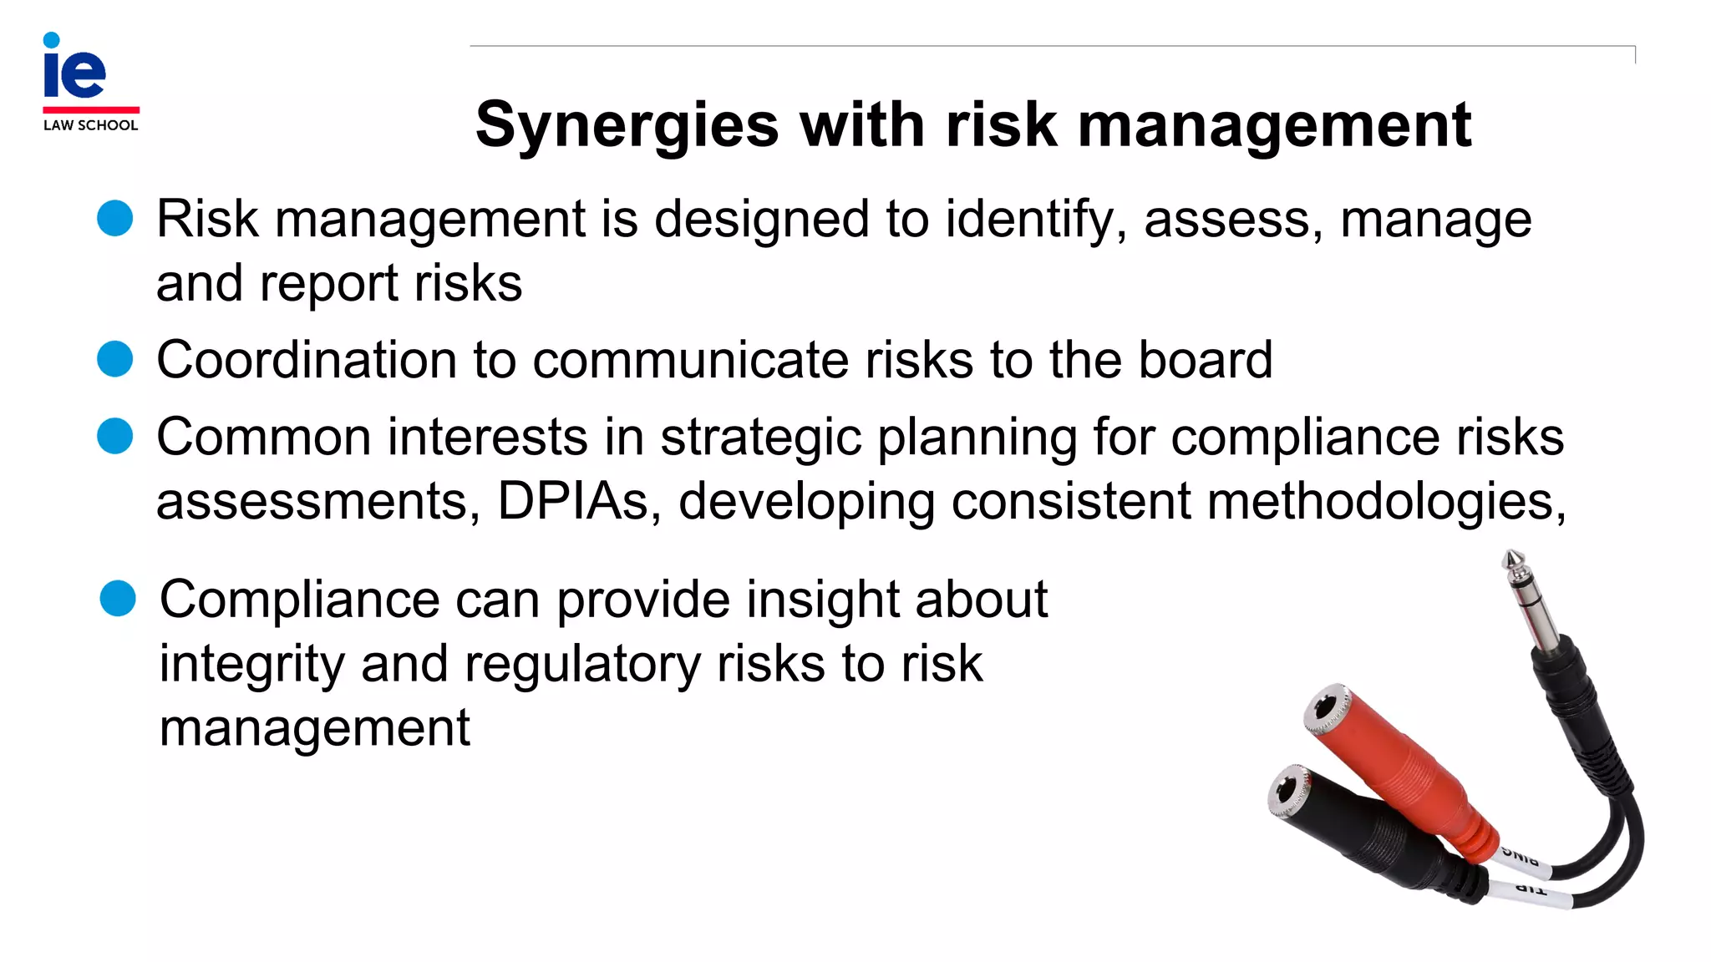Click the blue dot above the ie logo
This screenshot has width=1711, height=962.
point(51,40)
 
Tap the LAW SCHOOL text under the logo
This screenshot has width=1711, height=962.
point(90,125)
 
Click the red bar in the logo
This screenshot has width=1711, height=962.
point(91,109)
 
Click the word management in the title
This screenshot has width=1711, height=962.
point(1274,125)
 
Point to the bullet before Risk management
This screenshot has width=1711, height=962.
point(115,219)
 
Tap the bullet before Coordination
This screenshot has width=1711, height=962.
point(115,360)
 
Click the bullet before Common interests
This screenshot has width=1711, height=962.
point(115,436)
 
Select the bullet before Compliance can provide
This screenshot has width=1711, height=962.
point(118,599)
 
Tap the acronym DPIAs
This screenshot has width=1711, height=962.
point(573,501)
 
